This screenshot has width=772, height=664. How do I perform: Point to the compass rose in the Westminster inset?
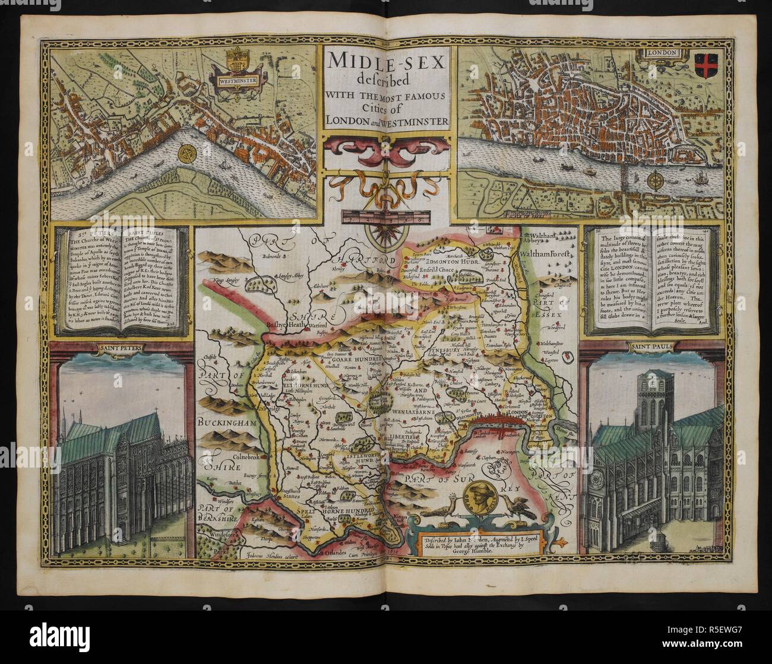click(x=189, y=154)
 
